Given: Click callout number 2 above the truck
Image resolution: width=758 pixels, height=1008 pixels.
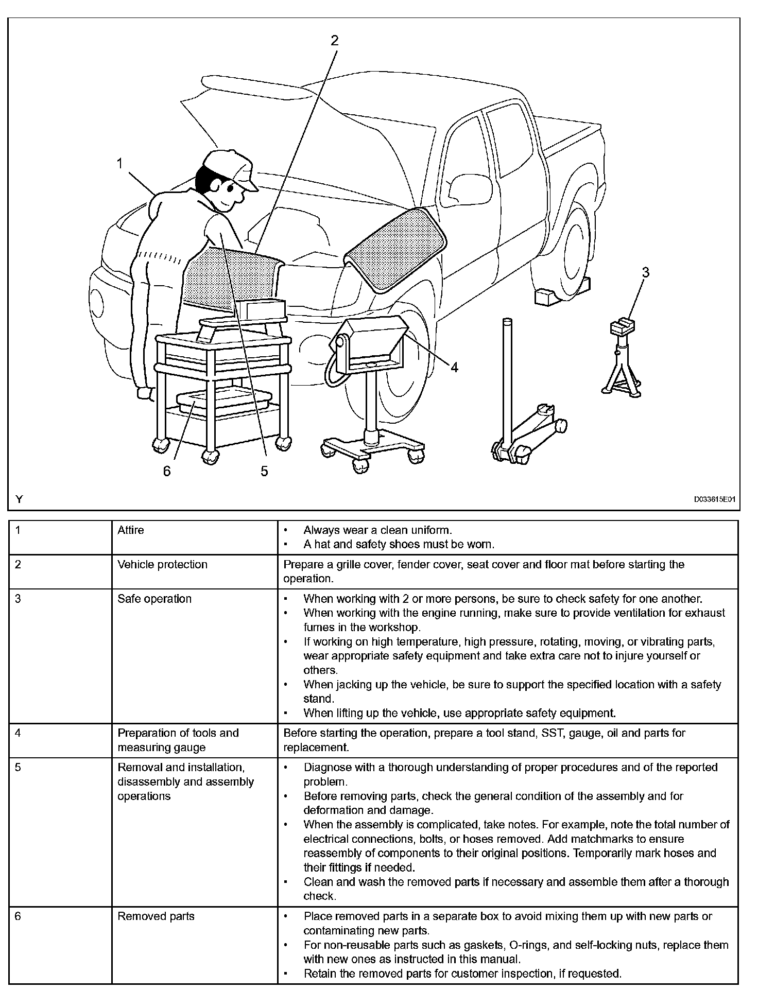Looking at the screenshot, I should point(335,41).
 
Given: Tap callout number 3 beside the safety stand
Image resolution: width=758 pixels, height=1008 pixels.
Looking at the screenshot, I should point(645,272).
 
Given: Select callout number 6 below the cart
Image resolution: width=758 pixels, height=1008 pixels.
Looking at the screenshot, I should point(166,471).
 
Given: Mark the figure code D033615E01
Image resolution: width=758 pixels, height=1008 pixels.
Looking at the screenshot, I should point(713,499).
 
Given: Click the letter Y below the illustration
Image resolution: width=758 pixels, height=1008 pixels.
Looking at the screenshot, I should point(19,499).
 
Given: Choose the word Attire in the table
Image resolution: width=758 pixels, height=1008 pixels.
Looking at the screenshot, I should point(131,530).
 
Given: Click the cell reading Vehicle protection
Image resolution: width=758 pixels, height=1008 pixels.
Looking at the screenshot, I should point(162,565).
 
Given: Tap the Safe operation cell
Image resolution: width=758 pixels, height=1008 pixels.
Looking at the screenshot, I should point(154,599).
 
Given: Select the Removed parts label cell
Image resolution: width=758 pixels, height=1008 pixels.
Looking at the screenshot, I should point(156,916).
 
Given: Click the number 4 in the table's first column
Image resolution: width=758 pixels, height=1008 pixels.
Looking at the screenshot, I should point(18,733).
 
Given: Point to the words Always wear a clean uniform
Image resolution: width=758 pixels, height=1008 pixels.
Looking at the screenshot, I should point(377,530).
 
